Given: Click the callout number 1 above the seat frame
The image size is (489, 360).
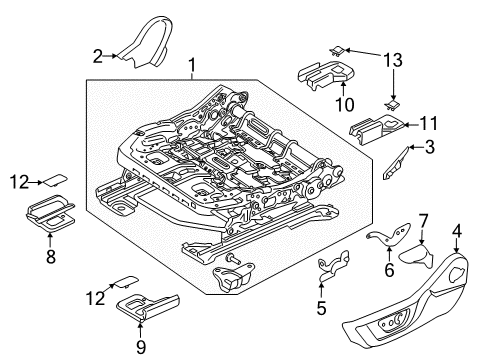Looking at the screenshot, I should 192,67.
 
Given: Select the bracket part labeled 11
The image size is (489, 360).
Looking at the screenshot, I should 376,127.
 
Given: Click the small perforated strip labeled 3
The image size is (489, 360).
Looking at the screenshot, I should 398,160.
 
